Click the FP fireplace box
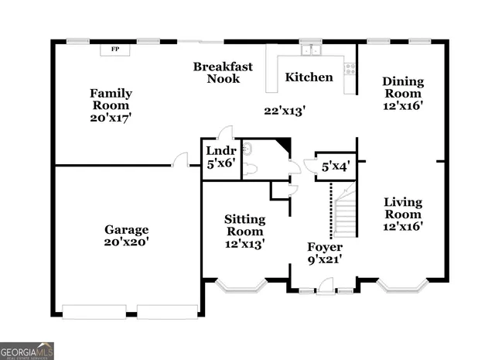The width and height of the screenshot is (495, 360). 115,50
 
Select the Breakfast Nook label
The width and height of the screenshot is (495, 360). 223,73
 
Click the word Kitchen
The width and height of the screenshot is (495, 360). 309,77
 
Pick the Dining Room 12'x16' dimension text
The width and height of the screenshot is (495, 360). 402,106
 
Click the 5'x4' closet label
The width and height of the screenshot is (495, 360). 336,165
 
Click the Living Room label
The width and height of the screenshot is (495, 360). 403,208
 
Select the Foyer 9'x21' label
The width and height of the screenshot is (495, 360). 324,253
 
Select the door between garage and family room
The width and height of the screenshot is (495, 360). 180,160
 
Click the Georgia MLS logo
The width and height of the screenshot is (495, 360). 27,350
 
